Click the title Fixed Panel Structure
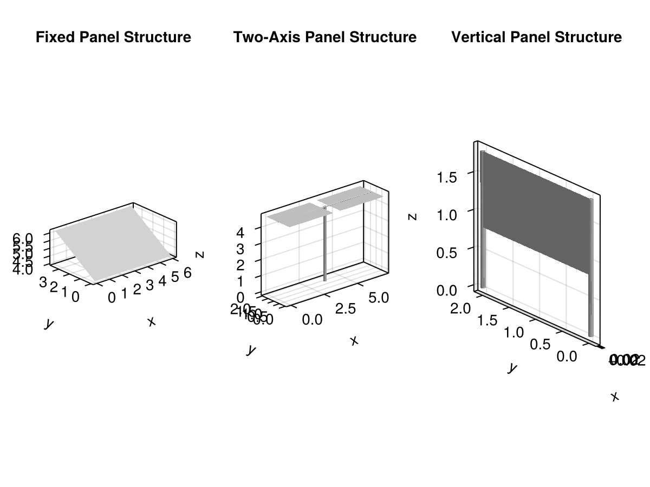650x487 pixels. coord(113,37)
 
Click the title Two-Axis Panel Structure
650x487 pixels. coord(325,37)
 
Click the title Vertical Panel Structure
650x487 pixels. coord(536,37)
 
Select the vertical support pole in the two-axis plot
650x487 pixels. coord(324,249)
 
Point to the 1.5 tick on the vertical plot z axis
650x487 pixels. coord(451,176)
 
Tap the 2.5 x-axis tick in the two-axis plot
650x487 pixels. coord(345,309)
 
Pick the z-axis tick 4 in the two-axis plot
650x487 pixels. coord(240,232)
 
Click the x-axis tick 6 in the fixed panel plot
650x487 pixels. coord(187,273)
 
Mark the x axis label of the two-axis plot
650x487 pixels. coord(354,340)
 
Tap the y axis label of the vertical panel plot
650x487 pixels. coord(512,368)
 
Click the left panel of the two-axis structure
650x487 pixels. coord(297,215)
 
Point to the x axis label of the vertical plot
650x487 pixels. coord(614,397)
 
